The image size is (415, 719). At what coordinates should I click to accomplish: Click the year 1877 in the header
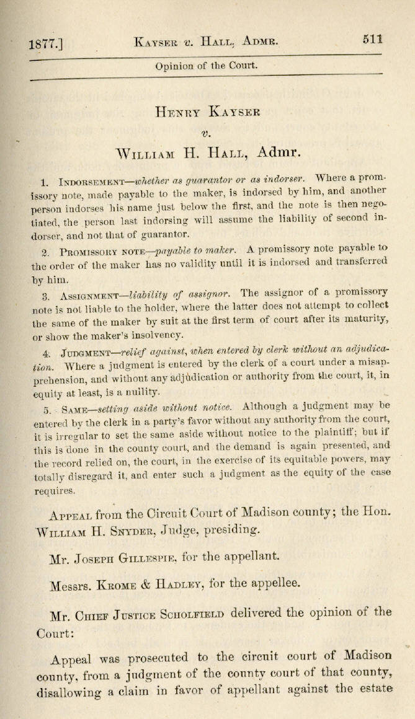tap(41, 44)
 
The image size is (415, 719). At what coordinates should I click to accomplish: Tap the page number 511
tap(373, 39)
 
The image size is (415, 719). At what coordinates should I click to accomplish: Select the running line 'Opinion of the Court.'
tap(207, 66)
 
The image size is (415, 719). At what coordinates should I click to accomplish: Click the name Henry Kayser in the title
tap(207, 112)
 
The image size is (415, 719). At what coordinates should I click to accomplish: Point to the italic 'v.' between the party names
tap(207, 133)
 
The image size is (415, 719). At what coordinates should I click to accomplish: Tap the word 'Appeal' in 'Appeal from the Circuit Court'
tap(70, 515)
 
